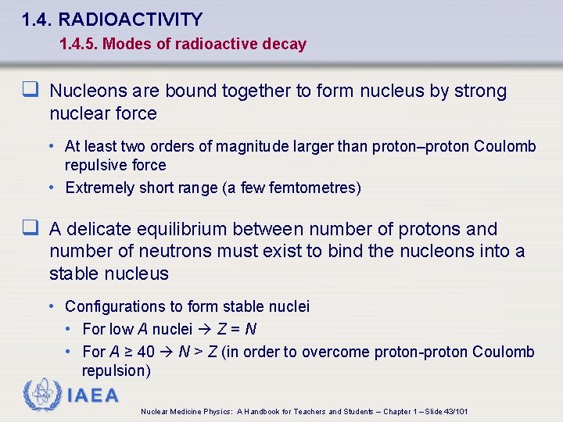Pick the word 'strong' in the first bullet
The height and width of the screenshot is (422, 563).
pyautogui.click(x=479, y=91)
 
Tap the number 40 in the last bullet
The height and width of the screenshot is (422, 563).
pyautogui.click(x=145, y=352)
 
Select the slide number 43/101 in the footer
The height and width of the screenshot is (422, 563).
pyautogui.click(x=454, y=411)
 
